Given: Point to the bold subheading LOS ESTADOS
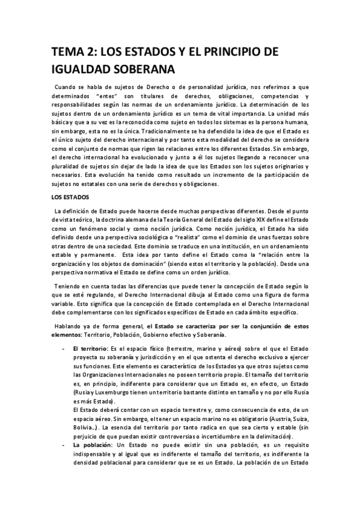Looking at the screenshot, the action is coord(69,197).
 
